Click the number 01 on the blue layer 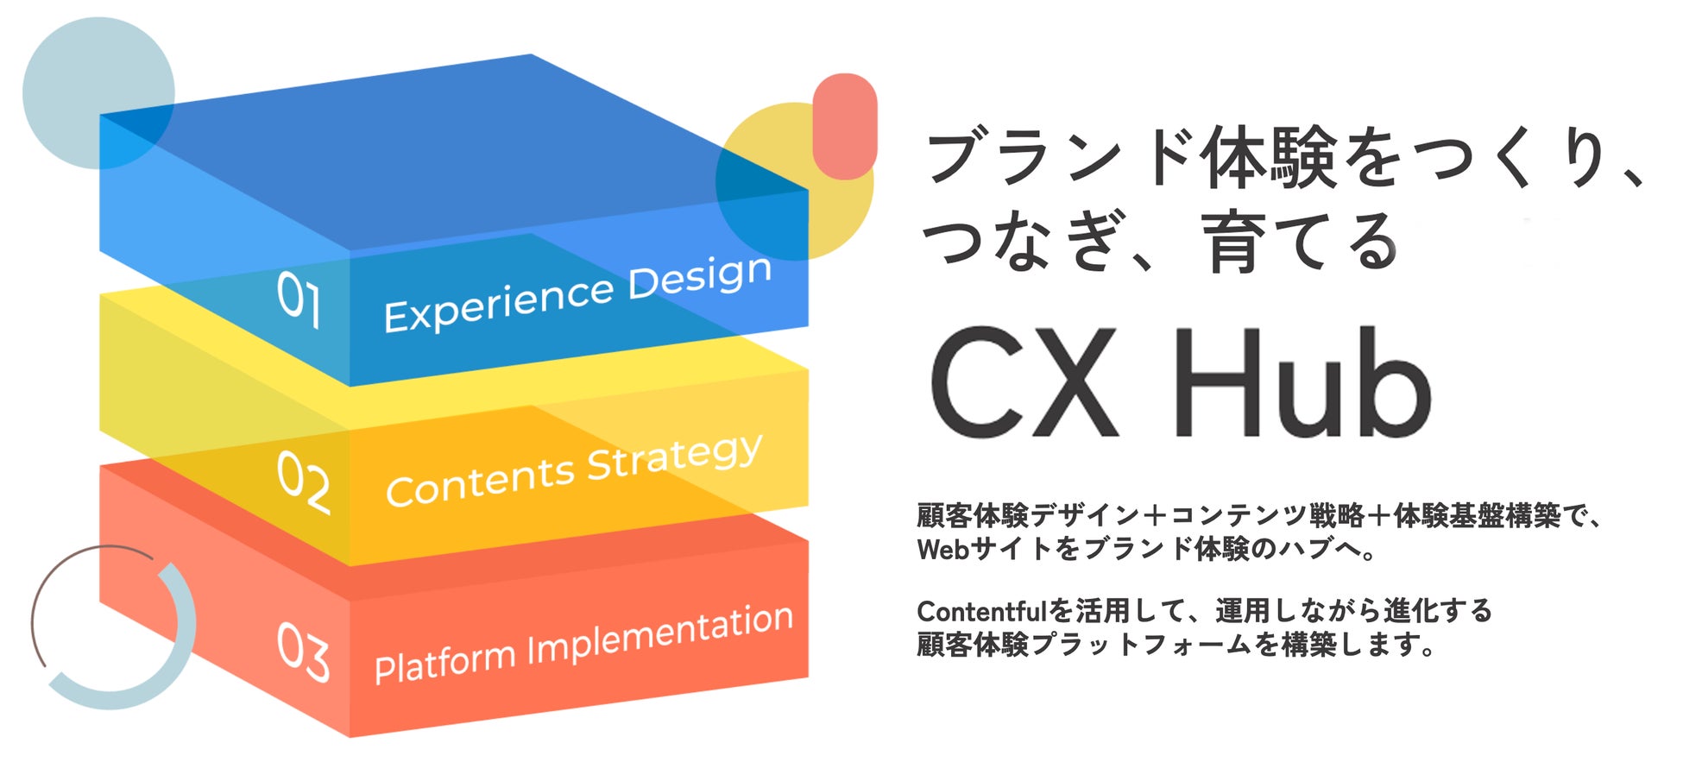[x=299, y=299]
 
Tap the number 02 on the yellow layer [x=303, y=483]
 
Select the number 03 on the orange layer [x=303, y=653]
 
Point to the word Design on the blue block [x=700, y=277]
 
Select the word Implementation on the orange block [x=660, y=633]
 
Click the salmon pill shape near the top [x=845, y=126]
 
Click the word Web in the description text [x=942, y=549]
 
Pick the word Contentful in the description [x=981, y=611]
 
